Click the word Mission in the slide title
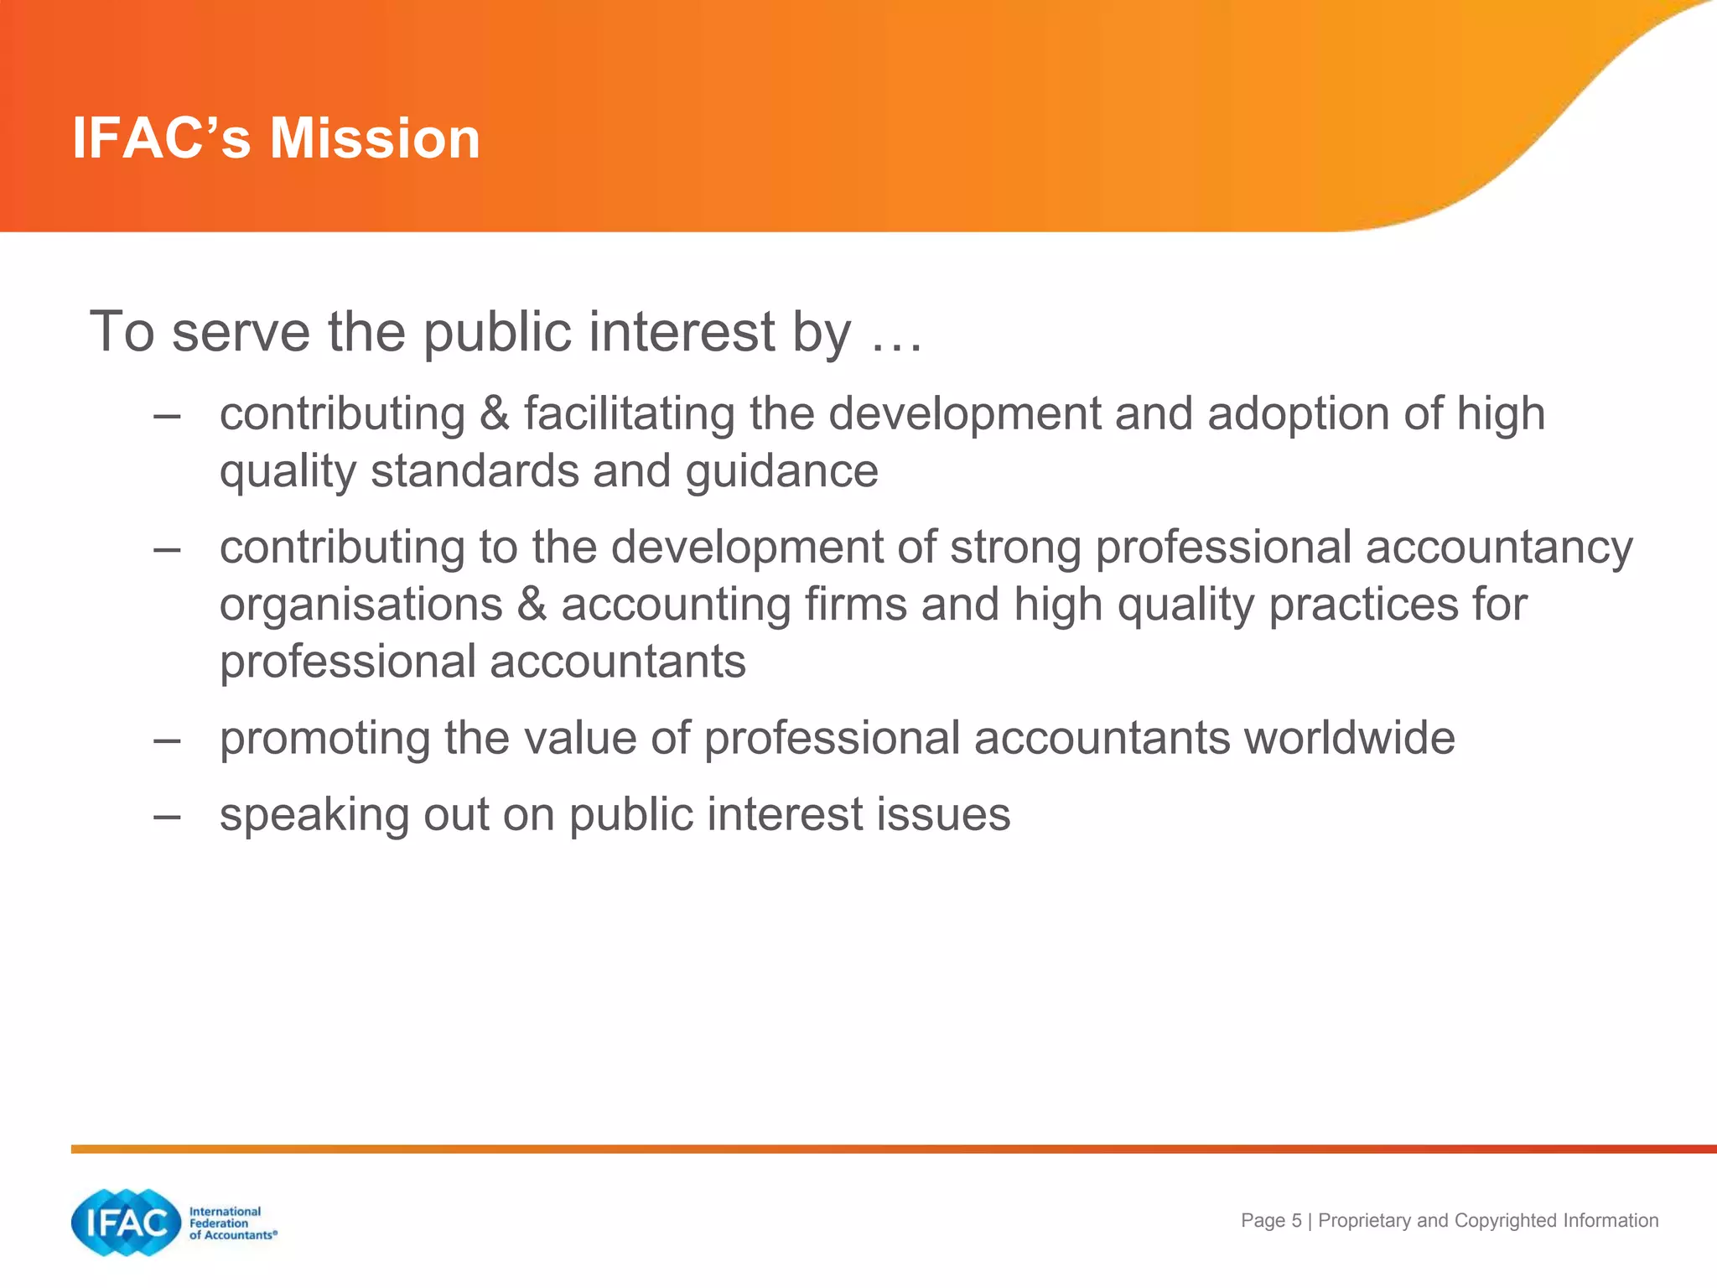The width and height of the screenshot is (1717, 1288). [x=375, y=138]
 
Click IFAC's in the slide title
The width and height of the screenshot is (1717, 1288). [x=162, y=138]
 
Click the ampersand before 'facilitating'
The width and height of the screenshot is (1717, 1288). [x=495, y=413]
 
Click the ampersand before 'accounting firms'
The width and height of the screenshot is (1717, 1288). [x=532, y=605]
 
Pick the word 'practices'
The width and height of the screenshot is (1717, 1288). [x=1363, y=605]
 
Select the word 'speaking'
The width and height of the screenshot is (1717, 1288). [x=314, y=816]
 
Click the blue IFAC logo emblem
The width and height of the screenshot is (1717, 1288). [x=126, y=1223]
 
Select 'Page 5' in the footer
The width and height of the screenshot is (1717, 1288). [x=1271, y=1221]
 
